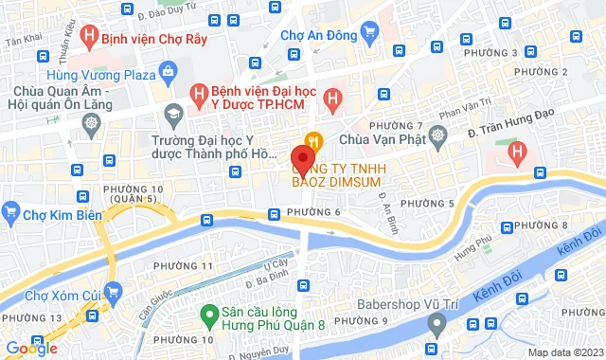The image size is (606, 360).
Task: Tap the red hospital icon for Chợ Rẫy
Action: click(x=88, y=39)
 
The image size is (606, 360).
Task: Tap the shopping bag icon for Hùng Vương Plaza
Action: click(x=168, y=70)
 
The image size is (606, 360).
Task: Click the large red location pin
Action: click(x=303, y=156)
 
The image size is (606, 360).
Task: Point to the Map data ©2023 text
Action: click(x=562, y=352)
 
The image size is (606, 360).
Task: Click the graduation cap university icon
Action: click(x=172, y=116)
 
